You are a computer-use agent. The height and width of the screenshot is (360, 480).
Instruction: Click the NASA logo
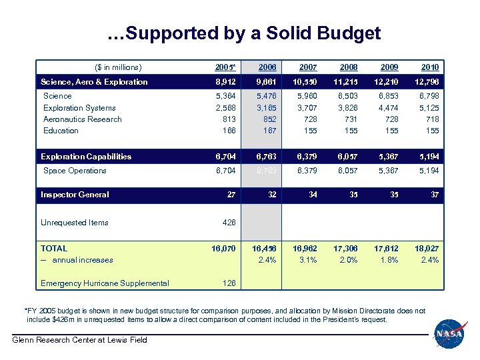click(x=451, y=333)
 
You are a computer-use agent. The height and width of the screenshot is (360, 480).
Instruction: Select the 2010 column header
click(x=429, y=67)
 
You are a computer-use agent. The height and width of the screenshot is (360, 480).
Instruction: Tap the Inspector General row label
click(x=75, y=195)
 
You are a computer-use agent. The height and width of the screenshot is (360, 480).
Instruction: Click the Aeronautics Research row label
click(x=82, y=119)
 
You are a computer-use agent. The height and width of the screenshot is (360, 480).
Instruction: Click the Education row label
click(x=61, y=131)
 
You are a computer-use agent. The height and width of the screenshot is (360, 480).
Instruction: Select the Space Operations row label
click(x=75, y=171)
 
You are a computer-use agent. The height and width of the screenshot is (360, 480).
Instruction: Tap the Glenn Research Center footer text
click(x=81, y=341)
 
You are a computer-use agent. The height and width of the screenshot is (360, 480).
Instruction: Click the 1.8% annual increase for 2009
click(x=390, y=260)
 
